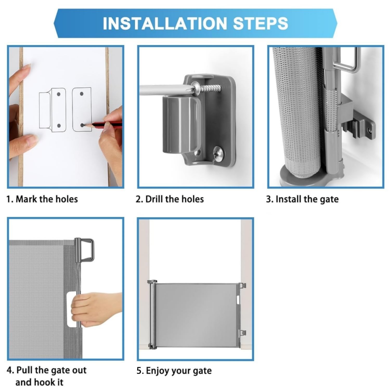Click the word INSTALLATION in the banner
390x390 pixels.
pyautogui.click(x=165, y=23)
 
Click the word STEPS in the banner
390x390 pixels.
pyautogui.click(x=261, y=23)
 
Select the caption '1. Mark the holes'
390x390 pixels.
pyautogui.click(x=42, y=199)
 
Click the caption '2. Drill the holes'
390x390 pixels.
pyautogui.click(x=170, y=199)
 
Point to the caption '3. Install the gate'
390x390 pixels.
pyautogui.click(x=302, y=199)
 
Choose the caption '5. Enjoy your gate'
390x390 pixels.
pyautogui.click(x=174, y=371)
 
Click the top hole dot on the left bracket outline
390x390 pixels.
pyautogui.click(x=59, y=94)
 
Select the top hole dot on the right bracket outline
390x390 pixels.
pyautogui.click(x=81, y=94)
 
